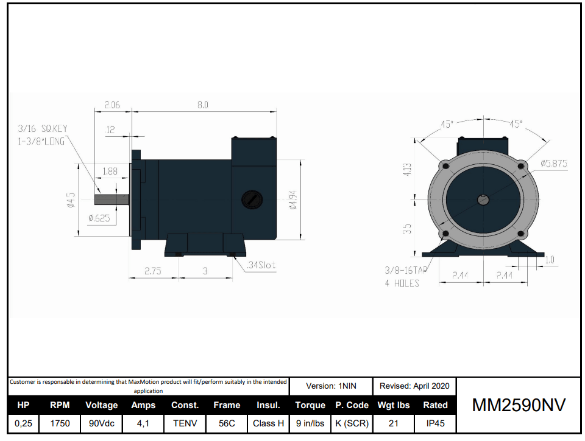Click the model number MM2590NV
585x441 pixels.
[x=519, y=405]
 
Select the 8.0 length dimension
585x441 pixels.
[x=202, y=105]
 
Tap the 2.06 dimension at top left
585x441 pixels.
[x=112, y=105]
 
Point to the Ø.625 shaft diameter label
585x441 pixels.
[x=99, y=218]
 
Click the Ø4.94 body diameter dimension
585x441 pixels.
[x=292, y=200]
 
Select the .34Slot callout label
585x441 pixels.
[x=261, y=266]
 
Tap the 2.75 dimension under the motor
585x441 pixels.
[x=152, y=271]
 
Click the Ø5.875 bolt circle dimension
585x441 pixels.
[x=554, y=163]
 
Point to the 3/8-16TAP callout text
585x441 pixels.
[x=406, y=269]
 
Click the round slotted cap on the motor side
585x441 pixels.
[x=251, y=199]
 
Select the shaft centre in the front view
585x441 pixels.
[x=483, y=199]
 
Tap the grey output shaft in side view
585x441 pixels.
[x=112, y=199]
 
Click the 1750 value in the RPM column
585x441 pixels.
[x=60, y=423]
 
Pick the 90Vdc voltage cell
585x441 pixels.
[x=101, y=423]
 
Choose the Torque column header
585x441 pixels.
[x=310, y=405]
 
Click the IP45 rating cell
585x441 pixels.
[x=435, y=423]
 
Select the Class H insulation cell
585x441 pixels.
[x=268, y=423]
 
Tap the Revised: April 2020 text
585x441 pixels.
[x=414, y=386]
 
